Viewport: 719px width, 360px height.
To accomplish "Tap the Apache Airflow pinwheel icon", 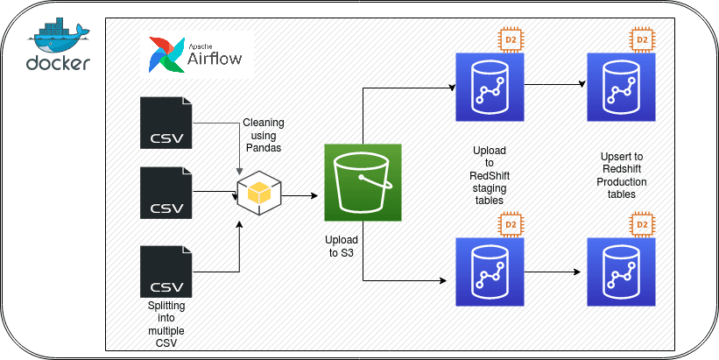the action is (x=166, y=55).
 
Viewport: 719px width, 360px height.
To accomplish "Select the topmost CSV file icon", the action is (x=166, y=123).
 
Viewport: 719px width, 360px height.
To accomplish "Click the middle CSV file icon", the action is (x=166, y=192).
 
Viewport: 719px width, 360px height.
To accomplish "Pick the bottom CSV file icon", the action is (x=166, y=272).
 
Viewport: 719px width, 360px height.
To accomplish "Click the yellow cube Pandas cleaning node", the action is (x=259, y=192).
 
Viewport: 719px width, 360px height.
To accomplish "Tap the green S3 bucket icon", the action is (x=363, y=182).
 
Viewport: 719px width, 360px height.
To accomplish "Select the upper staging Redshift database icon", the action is (x=490, y=87).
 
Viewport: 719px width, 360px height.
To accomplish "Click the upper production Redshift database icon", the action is (x=621, y=87).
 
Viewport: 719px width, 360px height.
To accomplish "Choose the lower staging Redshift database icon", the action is (x=490, y=272).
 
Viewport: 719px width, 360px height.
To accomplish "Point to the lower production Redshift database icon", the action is (x=621, y=272).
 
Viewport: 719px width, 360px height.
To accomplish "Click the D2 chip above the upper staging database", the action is (x=511, y=40).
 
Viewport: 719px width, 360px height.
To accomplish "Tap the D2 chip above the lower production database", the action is (x=643, y=224).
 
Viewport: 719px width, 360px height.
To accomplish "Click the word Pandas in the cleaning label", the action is (x=264, y=148).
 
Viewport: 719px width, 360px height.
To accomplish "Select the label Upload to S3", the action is (x=342, y=246).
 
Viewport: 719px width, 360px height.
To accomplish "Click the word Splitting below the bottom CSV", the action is (x=166, y=306).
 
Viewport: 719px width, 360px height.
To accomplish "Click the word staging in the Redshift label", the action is (x=490, y=188).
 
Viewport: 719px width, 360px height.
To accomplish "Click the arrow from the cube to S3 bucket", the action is (x=300, y=196).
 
